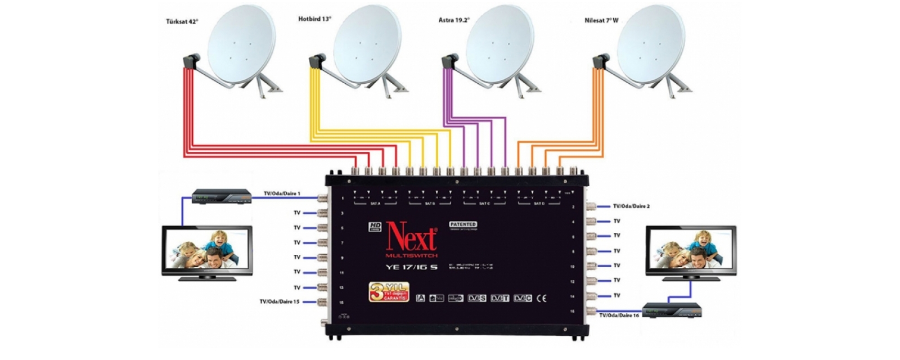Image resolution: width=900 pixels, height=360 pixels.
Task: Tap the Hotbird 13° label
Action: [314, 19]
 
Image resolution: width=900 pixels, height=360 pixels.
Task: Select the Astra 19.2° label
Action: [454, 20]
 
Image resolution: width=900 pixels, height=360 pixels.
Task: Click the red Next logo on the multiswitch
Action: [411, 237]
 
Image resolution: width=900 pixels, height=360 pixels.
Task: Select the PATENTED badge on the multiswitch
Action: [463, 224]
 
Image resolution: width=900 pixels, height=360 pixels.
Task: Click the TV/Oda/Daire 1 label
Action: [282, 193]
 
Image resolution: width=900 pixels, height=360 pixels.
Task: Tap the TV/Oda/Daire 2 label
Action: [631, 206]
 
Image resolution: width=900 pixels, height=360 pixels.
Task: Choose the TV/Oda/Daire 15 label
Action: [279, 301]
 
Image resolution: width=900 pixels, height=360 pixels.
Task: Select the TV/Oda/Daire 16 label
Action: [619, 316]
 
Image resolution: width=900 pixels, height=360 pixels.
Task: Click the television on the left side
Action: [206, 253]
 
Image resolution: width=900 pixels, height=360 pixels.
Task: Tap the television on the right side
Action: [691, 253]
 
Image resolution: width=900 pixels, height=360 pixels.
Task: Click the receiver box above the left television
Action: [222, 196]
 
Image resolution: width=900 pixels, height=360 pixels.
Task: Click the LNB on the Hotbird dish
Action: [318, 60]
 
